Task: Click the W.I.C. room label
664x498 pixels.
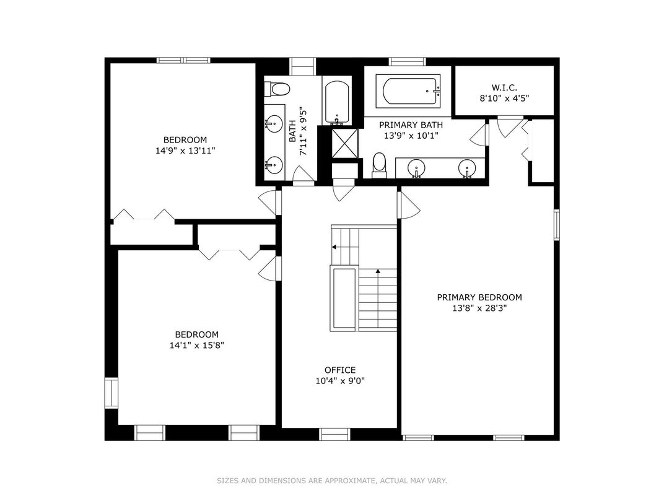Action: point(504,88)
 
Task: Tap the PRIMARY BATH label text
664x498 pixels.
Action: point(411,125)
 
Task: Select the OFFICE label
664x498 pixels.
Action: point(340,370)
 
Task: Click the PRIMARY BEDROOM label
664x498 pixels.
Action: point(479,297)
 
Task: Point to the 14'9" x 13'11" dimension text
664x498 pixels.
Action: point(185,151)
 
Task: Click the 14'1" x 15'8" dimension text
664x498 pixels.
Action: point(197,345)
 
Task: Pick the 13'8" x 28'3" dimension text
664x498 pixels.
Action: point(479,308)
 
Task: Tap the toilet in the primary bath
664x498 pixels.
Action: point(380,165)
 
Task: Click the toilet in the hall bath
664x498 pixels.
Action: point(277,89)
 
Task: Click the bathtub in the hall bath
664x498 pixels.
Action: point(337,102)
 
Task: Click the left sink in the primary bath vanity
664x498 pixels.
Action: point(416,168)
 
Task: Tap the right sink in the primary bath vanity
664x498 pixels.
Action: point(467,168)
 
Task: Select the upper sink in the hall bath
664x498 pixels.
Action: point(274,124)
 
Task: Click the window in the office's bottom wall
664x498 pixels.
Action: point(334,434)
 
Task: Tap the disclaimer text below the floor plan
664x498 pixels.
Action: point(332,481)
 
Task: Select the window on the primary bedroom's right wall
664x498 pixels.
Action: point(557,225)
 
